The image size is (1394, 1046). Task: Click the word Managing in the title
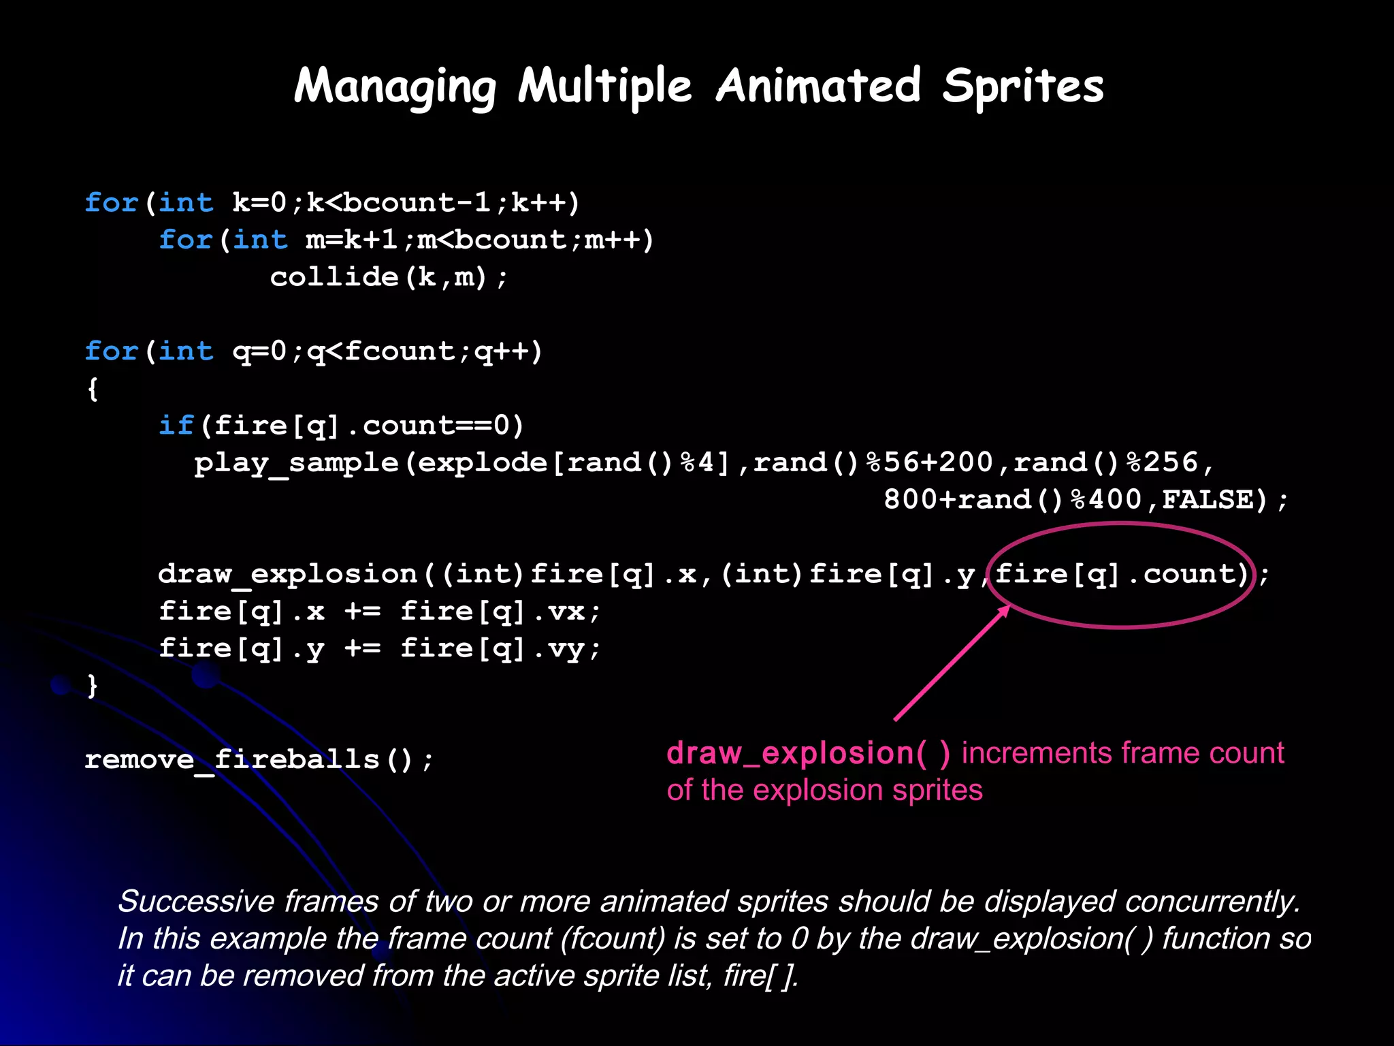(x=395, y=87)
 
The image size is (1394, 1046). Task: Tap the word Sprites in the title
(x=1023, y=87)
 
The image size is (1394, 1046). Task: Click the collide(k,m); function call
(x=389, y=277)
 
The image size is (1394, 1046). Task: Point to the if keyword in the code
(x=176, y=426)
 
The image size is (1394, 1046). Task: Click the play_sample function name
(x=296, y=463)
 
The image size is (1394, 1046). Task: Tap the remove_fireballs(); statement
(x=259, y=759)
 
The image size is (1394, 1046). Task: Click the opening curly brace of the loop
(x=93, y=389)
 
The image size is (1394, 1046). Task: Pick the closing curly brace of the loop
(x=93, y=685)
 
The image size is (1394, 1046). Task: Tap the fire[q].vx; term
(x=500, y=612)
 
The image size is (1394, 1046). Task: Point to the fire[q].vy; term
(x=500, y=648)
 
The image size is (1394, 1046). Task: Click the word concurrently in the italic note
(x=1212, y=902)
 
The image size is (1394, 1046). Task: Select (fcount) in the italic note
(x=613, y=939)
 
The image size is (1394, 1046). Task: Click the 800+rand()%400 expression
(x=1012, y=500)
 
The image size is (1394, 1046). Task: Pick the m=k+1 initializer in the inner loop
(x=351, y=240)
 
